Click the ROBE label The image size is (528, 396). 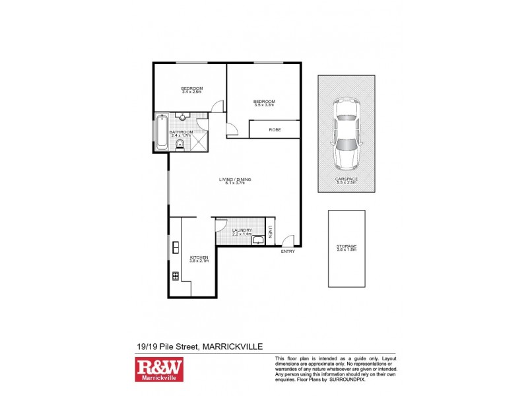(275, 130)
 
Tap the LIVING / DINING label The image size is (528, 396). (235, 180)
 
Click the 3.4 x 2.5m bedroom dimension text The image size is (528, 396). (192, 92)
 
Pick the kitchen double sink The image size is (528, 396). (175, 248)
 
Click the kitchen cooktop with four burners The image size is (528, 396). (175, 276)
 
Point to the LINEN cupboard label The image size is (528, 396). (271, 231)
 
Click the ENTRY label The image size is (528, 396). (288, 251)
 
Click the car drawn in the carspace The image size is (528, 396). (346, 133)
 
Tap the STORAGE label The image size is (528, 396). (346, 247)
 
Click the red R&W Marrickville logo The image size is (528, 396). (159, 370)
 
